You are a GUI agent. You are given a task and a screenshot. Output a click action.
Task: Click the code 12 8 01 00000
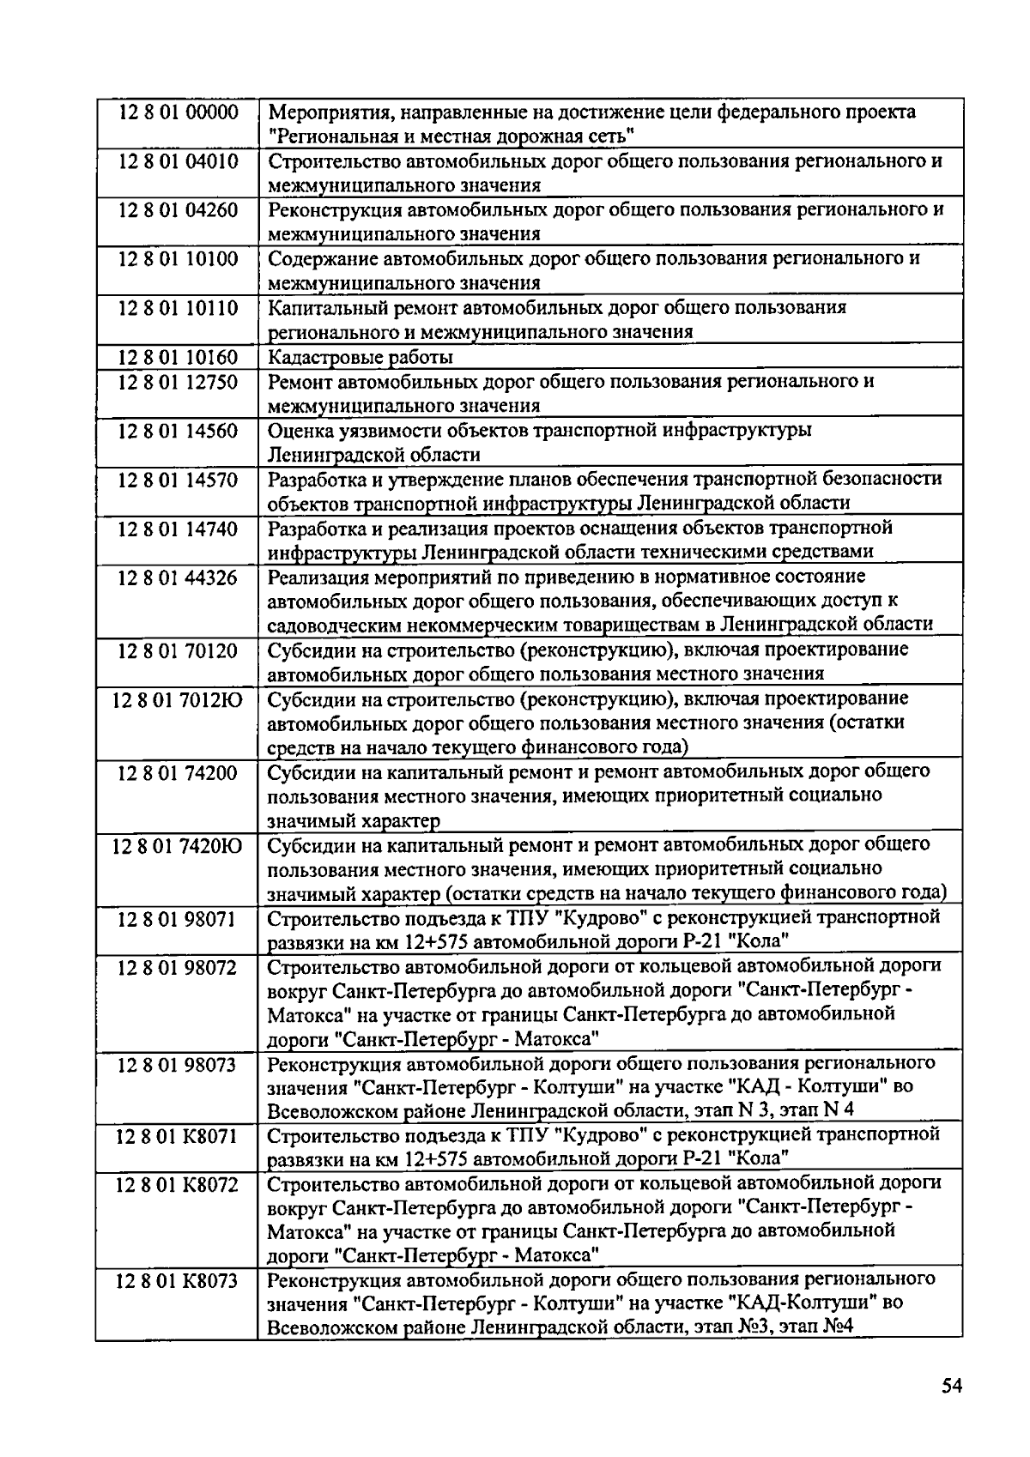click(178, 112)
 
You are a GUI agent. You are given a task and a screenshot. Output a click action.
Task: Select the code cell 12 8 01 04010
click(178, 161)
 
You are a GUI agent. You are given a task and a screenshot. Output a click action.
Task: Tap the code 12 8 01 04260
click(178, 210)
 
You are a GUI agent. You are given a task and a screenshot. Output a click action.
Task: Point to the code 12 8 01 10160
click(178, 357)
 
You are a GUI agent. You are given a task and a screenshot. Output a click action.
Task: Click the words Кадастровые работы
click(360, 357)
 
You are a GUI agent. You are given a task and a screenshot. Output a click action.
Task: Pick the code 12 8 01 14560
click(178, 431)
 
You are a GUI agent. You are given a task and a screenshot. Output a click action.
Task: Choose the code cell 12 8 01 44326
click(178, 577)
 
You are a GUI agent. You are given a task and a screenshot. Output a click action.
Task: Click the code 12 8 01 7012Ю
click(178, 699)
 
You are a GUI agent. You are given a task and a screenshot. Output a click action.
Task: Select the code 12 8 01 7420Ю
click(178, 846)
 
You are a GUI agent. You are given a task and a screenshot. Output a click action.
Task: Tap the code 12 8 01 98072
click(178, 968)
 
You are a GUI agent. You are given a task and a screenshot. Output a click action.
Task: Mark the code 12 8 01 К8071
click(178, 1136)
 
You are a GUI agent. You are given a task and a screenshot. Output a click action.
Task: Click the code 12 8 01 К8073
click(178, 1281)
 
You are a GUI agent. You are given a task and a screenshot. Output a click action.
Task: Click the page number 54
click(950, 1386)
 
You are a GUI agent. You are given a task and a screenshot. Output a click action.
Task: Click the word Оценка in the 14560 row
click(295, 431)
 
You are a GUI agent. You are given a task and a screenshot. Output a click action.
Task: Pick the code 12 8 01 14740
click(178, 529)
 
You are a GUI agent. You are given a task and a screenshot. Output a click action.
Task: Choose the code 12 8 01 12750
click(178, 382)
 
